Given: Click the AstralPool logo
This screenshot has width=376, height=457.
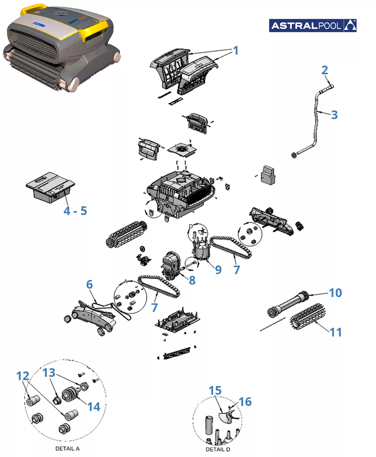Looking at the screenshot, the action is pos(312,26).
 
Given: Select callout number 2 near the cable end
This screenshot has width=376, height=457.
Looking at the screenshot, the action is pos(324,70).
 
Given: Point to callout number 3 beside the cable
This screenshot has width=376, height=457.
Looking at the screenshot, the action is pos(334,115).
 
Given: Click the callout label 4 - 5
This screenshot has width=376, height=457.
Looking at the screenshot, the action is pos(75,210).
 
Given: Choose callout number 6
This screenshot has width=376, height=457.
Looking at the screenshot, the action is pos(89,284).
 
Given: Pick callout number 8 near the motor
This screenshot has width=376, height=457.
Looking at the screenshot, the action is pos(192,280).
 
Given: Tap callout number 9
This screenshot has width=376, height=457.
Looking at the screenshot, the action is pos(218,270).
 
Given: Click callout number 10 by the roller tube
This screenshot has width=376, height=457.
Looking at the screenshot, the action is pos(335,293).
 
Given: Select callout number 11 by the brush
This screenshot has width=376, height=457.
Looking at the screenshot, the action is pos(336,332).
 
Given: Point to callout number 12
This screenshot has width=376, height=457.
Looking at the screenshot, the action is pos(23,376).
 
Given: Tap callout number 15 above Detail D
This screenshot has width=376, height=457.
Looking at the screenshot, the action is pos(215,390).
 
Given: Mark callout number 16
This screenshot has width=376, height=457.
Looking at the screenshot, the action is pos(245,402).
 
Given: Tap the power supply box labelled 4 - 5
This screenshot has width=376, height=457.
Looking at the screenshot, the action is pos(50,188).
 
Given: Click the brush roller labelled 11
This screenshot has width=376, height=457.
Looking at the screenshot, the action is pos(307,317).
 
